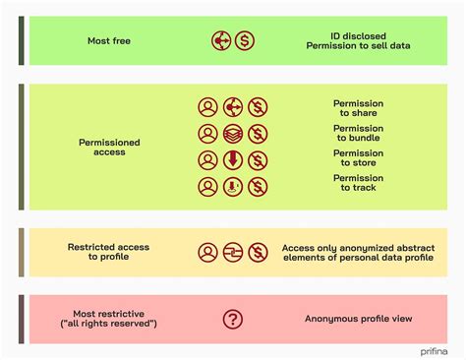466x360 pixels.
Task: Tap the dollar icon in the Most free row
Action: pyautogui.click(x=245, y=42)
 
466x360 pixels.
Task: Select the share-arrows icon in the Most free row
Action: pyautogui.click(x=221, y=42)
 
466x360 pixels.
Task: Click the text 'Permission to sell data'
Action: pyautogui.click(x=358, y=47)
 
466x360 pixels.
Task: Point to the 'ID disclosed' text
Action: pyautogui.click(x=358, y=35)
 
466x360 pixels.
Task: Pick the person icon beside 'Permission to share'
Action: pyautogui.click(x=207, y=107)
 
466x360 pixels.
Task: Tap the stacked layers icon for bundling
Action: pyautogui.click(x=233, y=134)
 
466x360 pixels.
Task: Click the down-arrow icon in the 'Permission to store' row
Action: pyautogui.click(x=233, y=160)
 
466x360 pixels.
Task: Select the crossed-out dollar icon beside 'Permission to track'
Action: pyautogui.click(x=258, y=187)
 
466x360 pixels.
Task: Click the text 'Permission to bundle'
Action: pyautogui.click(x=358, y=134)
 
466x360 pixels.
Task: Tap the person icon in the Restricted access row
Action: pyautogui.click(x=207, y=252)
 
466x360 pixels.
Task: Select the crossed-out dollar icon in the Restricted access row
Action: pyautogui.click(x=258, y=252)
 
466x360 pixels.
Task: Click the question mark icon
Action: pyautogui.click(x=233, y=319)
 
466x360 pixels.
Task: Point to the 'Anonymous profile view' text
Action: pyautogui.click(x=358, y=319)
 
